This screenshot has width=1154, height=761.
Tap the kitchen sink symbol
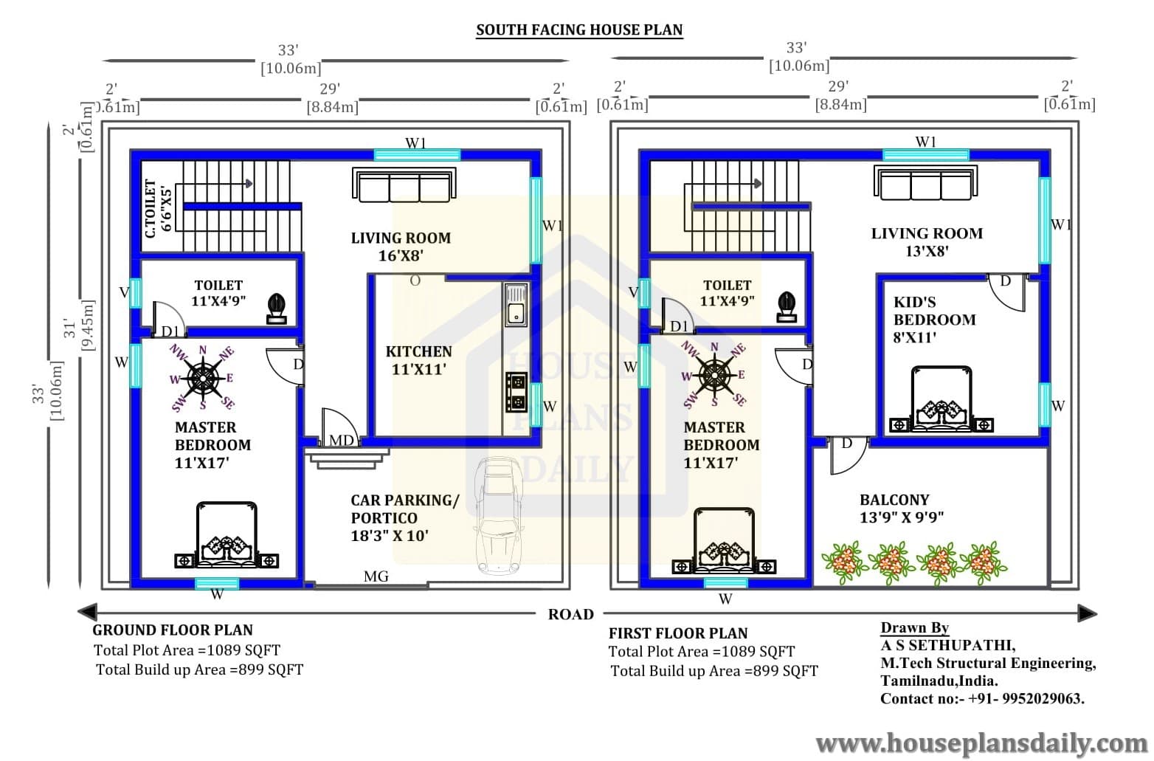(x=516, y=305)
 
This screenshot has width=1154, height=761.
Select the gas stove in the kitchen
(x=516, y=392)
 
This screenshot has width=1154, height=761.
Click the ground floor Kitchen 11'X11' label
(x=419, y=360)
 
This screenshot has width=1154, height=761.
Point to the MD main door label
(x=342, y=440)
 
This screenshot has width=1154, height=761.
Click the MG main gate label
(x=376, y=576)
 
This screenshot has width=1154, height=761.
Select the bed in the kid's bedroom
(x=941, y=399)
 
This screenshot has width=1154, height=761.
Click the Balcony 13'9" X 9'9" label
(x=902, y=508)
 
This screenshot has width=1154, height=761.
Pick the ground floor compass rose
(x=202, y=379)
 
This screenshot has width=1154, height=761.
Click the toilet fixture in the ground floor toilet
(x=277, y=308)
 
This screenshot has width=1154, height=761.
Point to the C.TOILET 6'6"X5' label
(x=158, y=209)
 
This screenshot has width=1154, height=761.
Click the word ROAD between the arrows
(x=570, y=614)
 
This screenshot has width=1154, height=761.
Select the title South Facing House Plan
(x=579, y=30)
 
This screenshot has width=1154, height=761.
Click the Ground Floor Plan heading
(x=173, y=630)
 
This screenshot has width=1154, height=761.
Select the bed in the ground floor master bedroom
(x=227, y=535)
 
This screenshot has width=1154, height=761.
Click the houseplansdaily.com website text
(x=981, y=744)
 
